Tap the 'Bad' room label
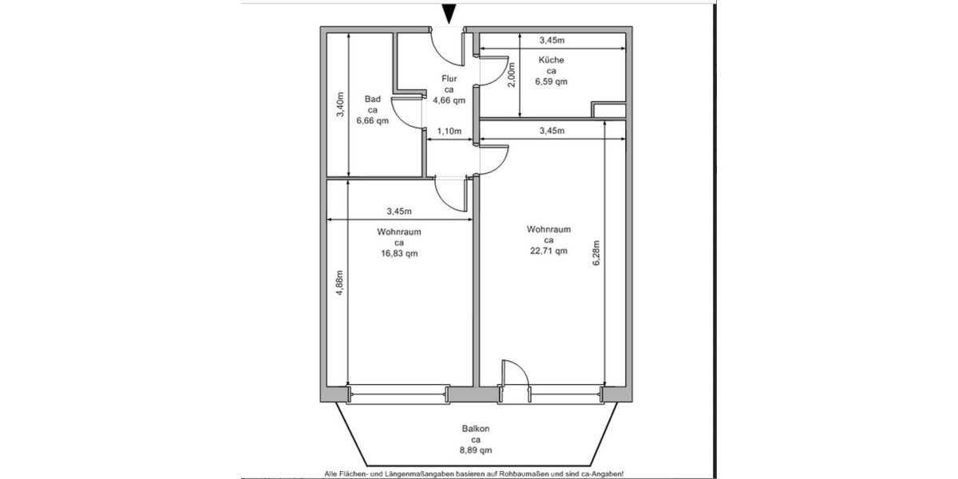coord(372,99)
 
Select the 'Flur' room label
coord(448,79)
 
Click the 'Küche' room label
coord(552,60)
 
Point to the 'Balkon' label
coord(475,429)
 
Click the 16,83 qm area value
coord(399,254)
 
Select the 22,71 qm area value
coord(548,251)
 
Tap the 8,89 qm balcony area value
coord(475,450)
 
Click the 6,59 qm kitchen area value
coord(552,81)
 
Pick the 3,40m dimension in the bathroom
coord(340,107)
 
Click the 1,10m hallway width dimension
coord(449,131)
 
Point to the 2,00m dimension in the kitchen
coord(512,76)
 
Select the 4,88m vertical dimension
coord(340,281)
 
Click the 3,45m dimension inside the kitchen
coord(551,39)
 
